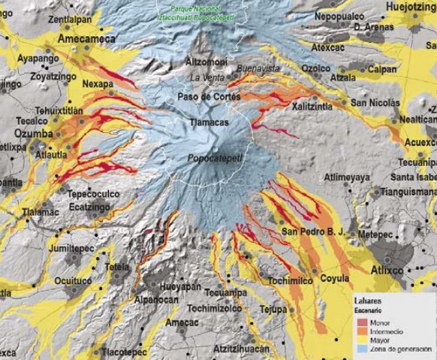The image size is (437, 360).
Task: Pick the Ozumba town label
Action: (26, 133)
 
